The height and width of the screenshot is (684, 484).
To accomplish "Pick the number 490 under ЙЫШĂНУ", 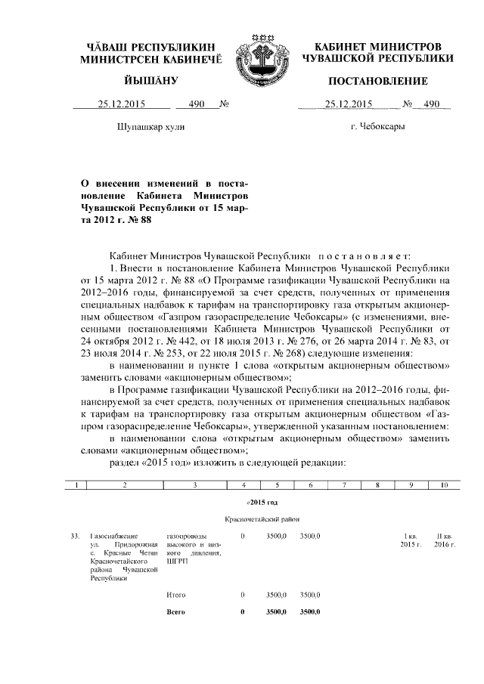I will click(x=197, y=104).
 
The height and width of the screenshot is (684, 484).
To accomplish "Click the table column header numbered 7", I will click(x=344, y=485).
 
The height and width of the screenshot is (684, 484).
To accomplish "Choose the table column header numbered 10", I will click(x=443, y=485).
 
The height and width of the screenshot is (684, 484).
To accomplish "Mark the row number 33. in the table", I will click(x=75, y=536).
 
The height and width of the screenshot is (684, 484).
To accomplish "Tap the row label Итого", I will click(x=175, y=596).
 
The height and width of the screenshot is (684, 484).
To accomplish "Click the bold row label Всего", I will click(x=175, y=611).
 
